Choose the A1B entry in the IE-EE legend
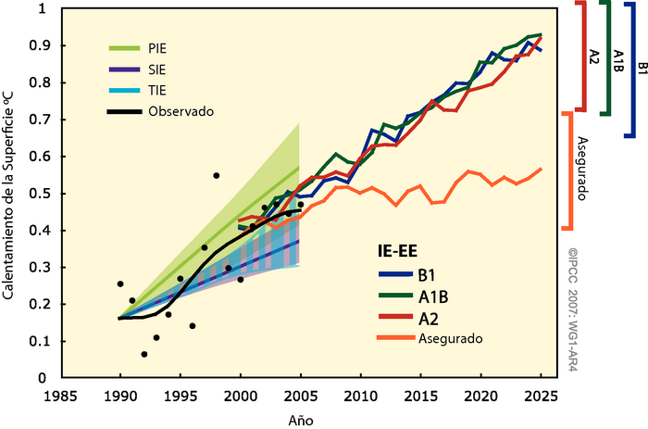[x=433, y=297]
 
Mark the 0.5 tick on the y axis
[x=40, y=194]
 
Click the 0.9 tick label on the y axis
[x=40, y=45]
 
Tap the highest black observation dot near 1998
[x=217, y=175]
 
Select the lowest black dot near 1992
[x=144, y=354]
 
